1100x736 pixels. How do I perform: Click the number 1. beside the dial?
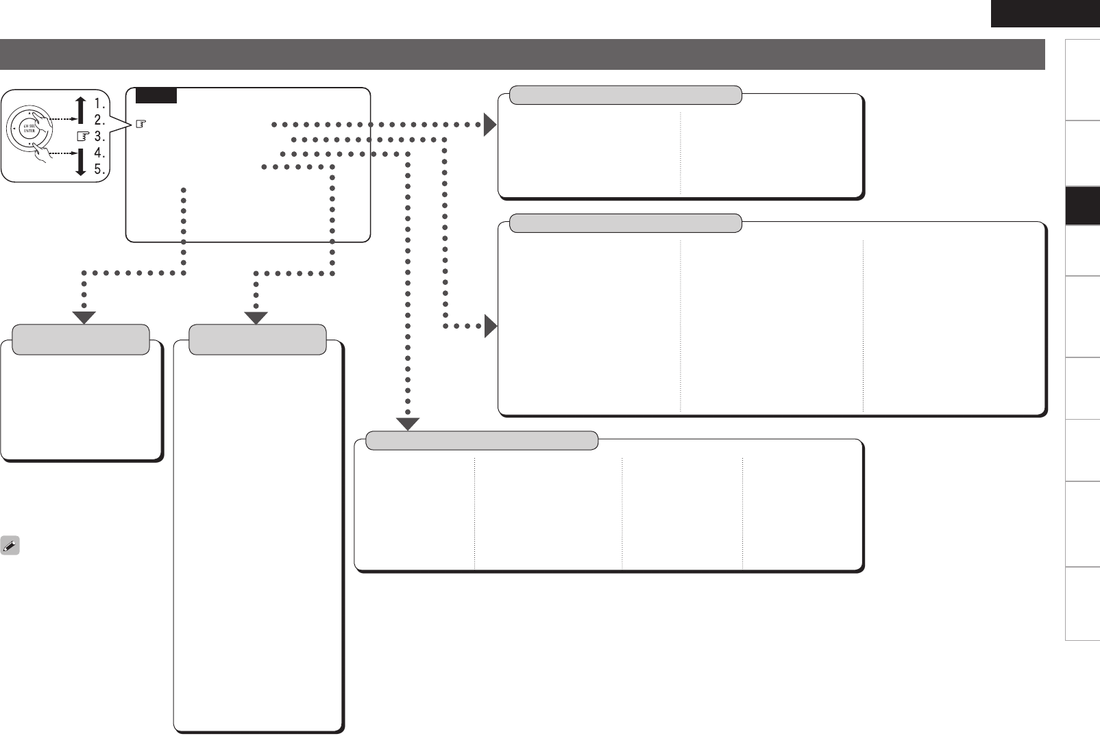point(99,103)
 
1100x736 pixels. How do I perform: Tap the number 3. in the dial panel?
point(99,136)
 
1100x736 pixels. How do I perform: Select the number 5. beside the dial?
point(99,169)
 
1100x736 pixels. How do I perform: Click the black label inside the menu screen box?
point(156,96)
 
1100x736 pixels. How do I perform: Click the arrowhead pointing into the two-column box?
point(489,125)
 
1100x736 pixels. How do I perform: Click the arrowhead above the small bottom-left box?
point(84,318)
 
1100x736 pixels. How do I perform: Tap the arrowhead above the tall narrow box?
point(256,318)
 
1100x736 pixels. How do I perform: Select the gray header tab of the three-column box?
point(626,223)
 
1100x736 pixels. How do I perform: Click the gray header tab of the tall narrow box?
point(257,340)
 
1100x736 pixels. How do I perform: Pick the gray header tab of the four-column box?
point(482,440)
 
